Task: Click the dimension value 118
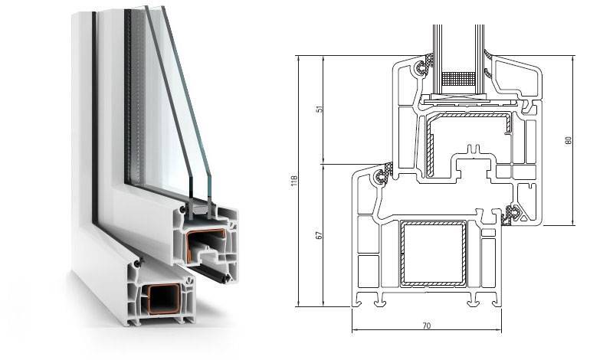click(x=294, y=180)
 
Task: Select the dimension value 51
click(x=320, y=110)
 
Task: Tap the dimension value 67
click(x=320, y=235)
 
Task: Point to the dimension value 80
click(x=569, y=140)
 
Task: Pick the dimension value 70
click(x=427, y=326)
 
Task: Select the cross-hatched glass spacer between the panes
click(x=457, y=79)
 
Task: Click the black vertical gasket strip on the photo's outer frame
click(x=94, y=117)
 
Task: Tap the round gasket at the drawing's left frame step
click(x=380, y=177)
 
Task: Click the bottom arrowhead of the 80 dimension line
click(x=573, y=222)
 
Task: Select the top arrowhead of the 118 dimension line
click(x=298, y=59)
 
